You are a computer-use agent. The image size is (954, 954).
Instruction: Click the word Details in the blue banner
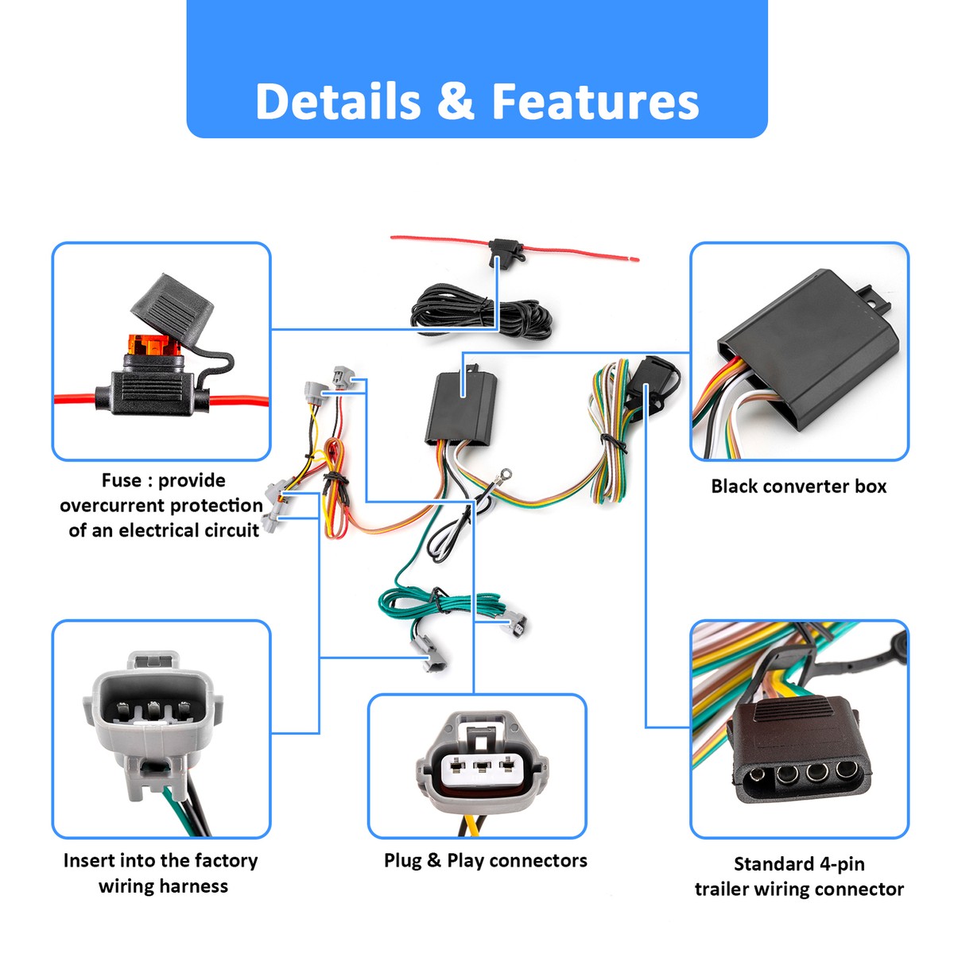click(338, 102)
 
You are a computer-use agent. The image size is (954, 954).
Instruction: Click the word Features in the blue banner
click(595, 102)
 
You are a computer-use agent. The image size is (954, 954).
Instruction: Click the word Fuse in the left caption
click(121, 480)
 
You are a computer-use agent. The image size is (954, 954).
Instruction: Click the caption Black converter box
click(798, 487)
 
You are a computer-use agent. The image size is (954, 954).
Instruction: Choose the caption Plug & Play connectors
click(485, 860)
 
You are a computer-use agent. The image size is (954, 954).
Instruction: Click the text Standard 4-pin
click(798, 863)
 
